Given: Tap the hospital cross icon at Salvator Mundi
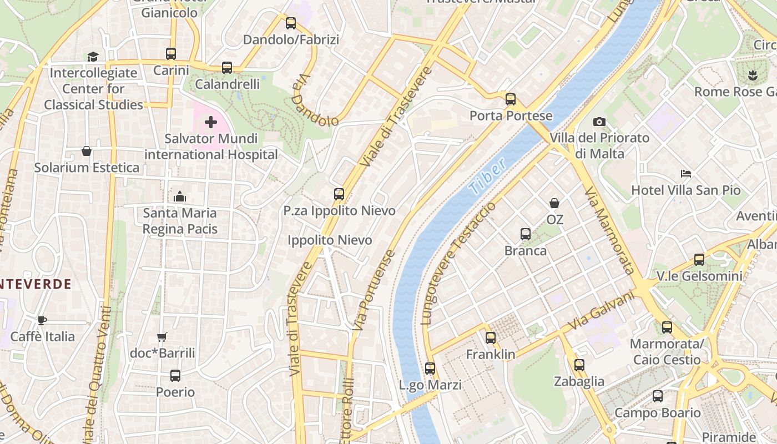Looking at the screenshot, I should point(211,122).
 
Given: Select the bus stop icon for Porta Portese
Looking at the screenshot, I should point(511,100).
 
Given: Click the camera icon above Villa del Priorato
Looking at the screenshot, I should point(599,122).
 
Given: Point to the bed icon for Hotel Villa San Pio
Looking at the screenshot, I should point(686,174).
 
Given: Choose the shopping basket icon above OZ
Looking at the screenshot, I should point(554,203).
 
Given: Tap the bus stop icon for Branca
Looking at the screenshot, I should point(526,234).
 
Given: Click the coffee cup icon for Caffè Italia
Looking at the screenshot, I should point(42,320).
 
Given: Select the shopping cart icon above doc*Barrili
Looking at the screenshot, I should point(162,337).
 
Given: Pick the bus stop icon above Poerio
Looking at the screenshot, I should point(175,376).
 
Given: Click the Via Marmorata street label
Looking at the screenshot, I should point(609,230).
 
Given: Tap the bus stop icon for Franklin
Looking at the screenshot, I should point(491,337).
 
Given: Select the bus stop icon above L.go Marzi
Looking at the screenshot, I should point(430,368).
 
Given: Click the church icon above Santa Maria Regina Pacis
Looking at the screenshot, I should point(179,196).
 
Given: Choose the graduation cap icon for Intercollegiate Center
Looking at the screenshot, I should point(93,57).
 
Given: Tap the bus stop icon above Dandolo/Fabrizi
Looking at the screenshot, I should point(291,23).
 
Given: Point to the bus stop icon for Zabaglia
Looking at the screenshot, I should point(579,365).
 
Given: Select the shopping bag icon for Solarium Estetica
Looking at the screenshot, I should point(87,151).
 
